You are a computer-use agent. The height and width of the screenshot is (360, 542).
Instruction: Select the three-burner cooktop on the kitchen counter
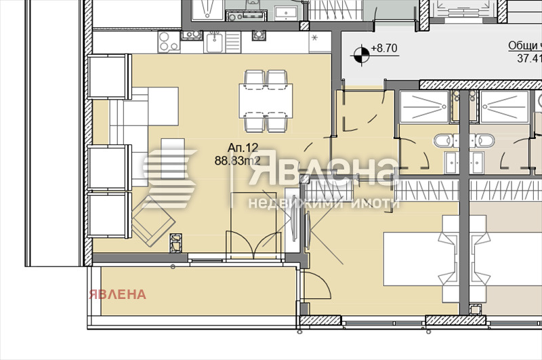(168, 42)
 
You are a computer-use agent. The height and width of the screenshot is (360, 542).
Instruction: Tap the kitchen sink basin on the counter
(215, 43)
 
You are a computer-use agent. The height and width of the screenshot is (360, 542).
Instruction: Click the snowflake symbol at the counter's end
(316, 39)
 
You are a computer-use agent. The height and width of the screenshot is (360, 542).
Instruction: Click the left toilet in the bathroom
(442, 140)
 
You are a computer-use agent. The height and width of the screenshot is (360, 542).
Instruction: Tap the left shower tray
(424, 107)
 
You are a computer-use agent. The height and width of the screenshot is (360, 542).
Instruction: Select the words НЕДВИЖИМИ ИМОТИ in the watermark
(323, 203)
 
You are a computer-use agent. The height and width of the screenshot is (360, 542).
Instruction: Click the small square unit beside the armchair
(177, 241)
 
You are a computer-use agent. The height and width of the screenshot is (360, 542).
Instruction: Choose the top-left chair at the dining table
(253, 79)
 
